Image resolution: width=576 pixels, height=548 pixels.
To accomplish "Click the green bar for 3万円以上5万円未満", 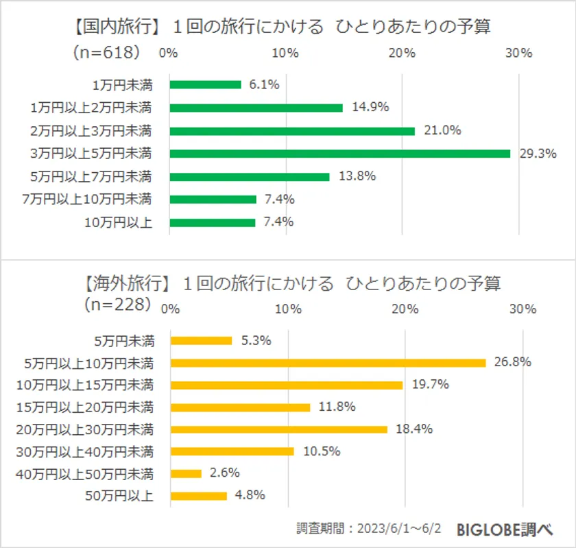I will [x=339, y=154].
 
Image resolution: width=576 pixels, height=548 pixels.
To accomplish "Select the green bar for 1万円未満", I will [x=205, y=84].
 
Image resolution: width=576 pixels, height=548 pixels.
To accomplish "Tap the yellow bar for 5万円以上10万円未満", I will [x=328, y=362].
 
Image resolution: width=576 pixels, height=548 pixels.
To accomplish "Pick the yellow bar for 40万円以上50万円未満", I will [x=186, y=473].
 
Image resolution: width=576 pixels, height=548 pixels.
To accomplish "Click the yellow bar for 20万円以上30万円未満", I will [x=278, y=429].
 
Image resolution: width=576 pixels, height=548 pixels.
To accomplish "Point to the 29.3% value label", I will [x=537, y=154].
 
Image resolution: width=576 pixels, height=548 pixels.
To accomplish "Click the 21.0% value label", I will [x=442, y=130].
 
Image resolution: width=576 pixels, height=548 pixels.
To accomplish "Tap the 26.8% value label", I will [x=513, y=362].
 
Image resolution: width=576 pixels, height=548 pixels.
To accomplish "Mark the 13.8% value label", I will [x=357, y=176].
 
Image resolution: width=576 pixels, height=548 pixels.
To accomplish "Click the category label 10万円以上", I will [x=118, y=222].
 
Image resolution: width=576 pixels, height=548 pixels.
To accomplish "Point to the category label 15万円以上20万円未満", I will [x=85, y=407].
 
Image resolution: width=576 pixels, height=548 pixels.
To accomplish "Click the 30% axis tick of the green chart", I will [x=519, y=53].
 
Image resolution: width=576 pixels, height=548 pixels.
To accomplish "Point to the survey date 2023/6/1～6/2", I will [x=400, y=529].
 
